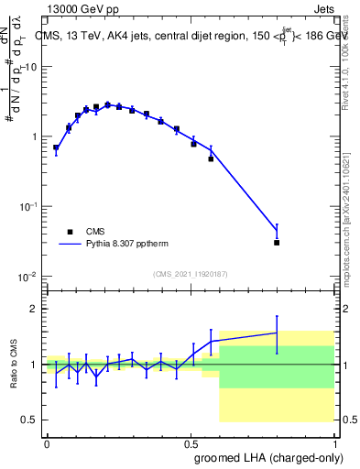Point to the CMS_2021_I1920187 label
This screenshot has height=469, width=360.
(190, 274)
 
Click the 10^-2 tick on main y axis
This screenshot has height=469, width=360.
(27, 278)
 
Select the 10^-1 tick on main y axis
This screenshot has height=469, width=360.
(27, 207)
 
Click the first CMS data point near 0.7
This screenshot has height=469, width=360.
(56, 147)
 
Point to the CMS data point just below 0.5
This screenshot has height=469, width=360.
(211, 159)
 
